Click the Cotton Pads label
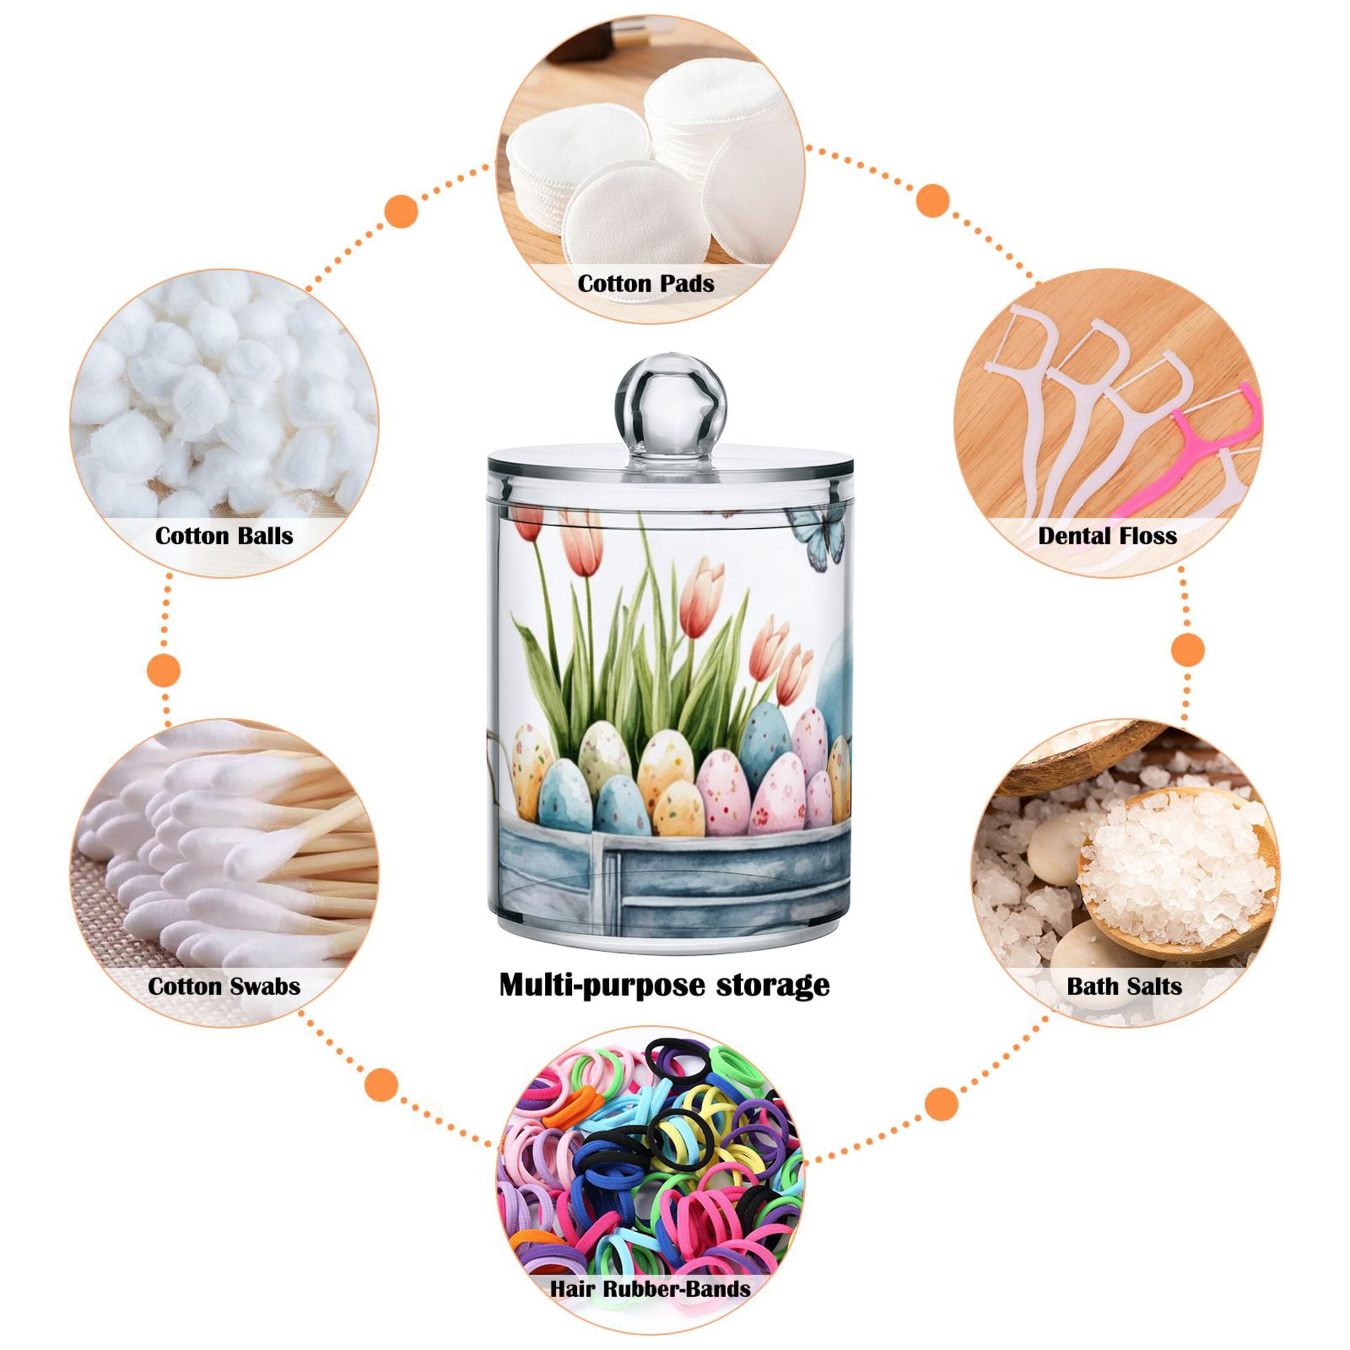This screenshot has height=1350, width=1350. pyautogui.click(x=646, y=283)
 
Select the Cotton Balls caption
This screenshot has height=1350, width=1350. pyautogui.click(x=223, y=535)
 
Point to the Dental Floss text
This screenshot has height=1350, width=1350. pyautogui.click(x=1108, y=535)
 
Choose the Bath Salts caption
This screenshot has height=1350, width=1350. pyautogui.click(x=1124, y=986)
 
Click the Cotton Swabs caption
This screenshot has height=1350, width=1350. pyautogui.click(x=223, y=986)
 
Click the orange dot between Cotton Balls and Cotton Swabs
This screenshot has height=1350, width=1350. pyautogui.click(x=164, y=671)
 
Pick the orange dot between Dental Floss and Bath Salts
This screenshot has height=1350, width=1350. pyautogui.click(x=1187, y=650)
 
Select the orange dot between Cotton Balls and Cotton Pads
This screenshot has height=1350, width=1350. pyautogui.click(x=401, y=210)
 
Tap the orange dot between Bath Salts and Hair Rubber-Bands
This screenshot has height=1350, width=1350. pyautogui.click(x=941, y=1104)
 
